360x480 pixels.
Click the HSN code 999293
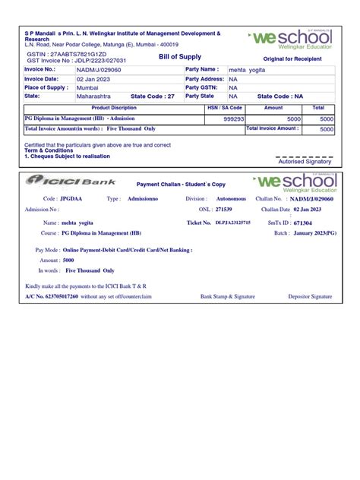[x=233, y=119]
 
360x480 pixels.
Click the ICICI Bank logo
[x=72, y=182]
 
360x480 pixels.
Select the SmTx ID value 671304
[x=305, y=223]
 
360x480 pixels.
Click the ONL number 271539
[x=223, y=209]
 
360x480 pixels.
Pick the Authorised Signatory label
[x=305, y=162]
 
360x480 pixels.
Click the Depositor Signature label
[x=309, y=296]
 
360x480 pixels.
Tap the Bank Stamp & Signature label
[x=228, y=296]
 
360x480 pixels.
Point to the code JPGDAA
[x=73, y=198]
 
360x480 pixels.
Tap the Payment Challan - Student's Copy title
[x=181, y=185]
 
